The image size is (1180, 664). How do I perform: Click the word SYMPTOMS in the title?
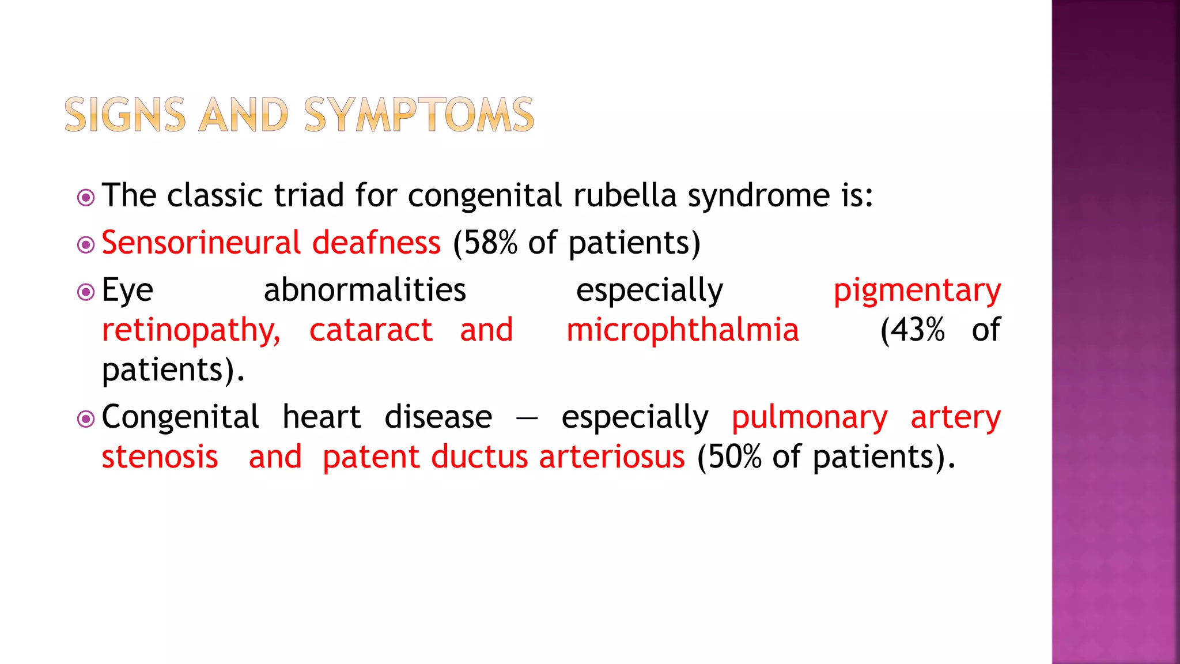click(419, 115)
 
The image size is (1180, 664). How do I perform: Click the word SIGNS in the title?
click(125, 115)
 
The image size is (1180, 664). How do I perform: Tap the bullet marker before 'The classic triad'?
click(86, 198)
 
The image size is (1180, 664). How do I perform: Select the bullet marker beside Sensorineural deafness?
click(86, 246)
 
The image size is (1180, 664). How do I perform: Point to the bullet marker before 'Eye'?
click(86, 292)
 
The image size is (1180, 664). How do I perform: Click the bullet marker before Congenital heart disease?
click(86, 419)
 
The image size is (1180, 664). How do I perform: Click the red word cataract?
click(370, 330)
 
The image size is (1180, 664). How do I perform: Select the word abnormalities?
click(365, 290)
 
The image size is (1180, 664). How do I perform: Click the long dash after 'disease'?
click(527, 418)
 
